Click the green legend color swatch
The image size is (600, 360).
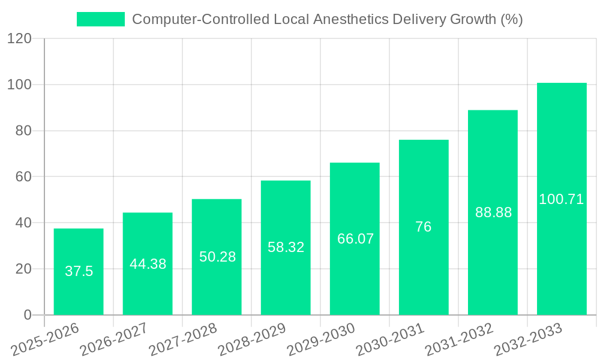(x=100, y=19)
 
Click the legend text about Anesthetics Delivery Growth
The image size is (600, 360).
(x=327, y=19)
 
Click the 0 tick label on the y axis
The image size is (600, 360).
(x=27, y=315)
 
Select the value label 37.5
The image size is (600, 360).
(x=79, y=271)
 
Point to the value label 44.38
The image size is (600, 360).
(x=148, y=264)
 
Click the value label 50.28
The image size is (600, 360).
(x=217, y=257)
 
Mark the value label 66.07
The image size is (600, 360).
(x=355, y=239)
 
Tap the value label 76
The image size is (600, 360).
(x=424, y=227)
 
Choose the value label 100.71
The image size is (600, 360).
(x=562, y=199)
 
